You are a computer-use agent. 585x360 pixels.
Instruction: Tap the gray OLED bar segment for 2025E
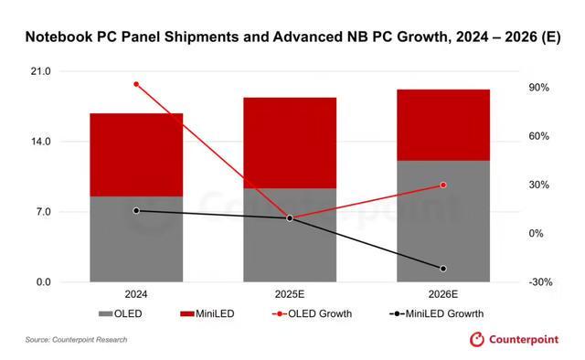[290, 235]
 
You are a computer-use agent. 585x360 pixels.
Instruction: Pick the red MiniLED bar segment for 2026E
[443, 124]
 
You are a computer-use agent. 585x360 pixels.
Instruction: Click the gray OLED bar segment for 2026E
[443, 221]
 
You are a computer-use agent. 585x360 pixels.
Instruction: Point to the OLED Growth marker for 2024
[136, 84]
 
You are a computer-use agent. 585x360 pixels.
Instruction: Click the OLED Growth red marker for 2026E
[443, 185]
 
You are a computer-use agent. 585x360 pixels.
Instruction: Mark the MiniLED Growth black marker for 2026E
[443, 269]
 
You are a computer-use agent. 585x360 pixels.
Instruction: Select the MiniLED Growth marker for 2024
[136, 210]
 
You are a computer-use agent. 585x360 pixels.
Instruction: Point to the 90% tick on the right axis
[538, 88]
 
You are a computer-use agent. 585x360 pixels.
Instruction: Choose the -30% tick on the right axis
[538, 282]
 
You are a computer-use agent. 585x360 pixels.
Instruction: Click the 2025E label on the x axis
[290, 296]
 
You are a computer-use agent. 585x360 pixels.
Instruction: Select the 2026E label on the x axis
[443, 296]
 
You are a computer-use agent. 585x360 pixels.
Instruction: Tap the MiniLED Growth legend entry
[436, 314]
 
